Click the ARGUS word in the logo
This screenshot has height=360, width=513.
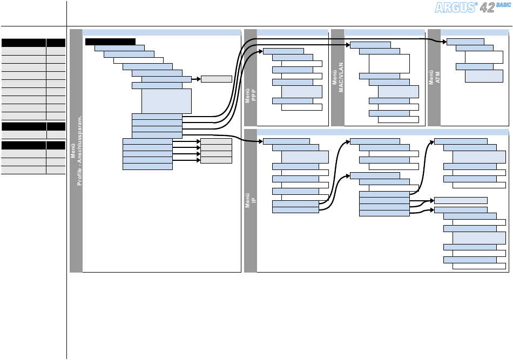[456, 8]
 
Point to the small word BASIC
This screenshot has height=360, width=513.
[504, 4]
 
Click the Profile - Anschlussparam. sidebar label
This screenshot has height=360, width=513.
[76, 151]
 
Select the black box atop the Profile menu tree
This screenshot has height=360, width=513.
[110, 42]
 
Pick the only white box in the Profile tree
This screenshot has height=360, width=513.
[138, 60]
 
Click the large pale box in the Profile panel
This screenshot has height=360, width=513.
[166, 101]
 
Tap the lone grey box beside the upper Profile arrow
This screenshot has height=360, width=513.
[216, 79]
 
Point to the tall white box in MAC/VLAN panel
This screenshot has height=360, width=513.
[389, 64]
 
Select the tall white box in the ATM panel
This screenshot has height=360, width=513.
[484, 57]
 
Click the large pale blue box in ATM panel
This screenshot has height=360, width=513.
[484, 76]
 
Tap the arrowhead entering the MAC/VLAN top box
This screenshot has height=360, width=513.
[348, 45]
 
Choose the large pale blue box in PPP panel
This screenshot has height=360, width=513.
[301, 92]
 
